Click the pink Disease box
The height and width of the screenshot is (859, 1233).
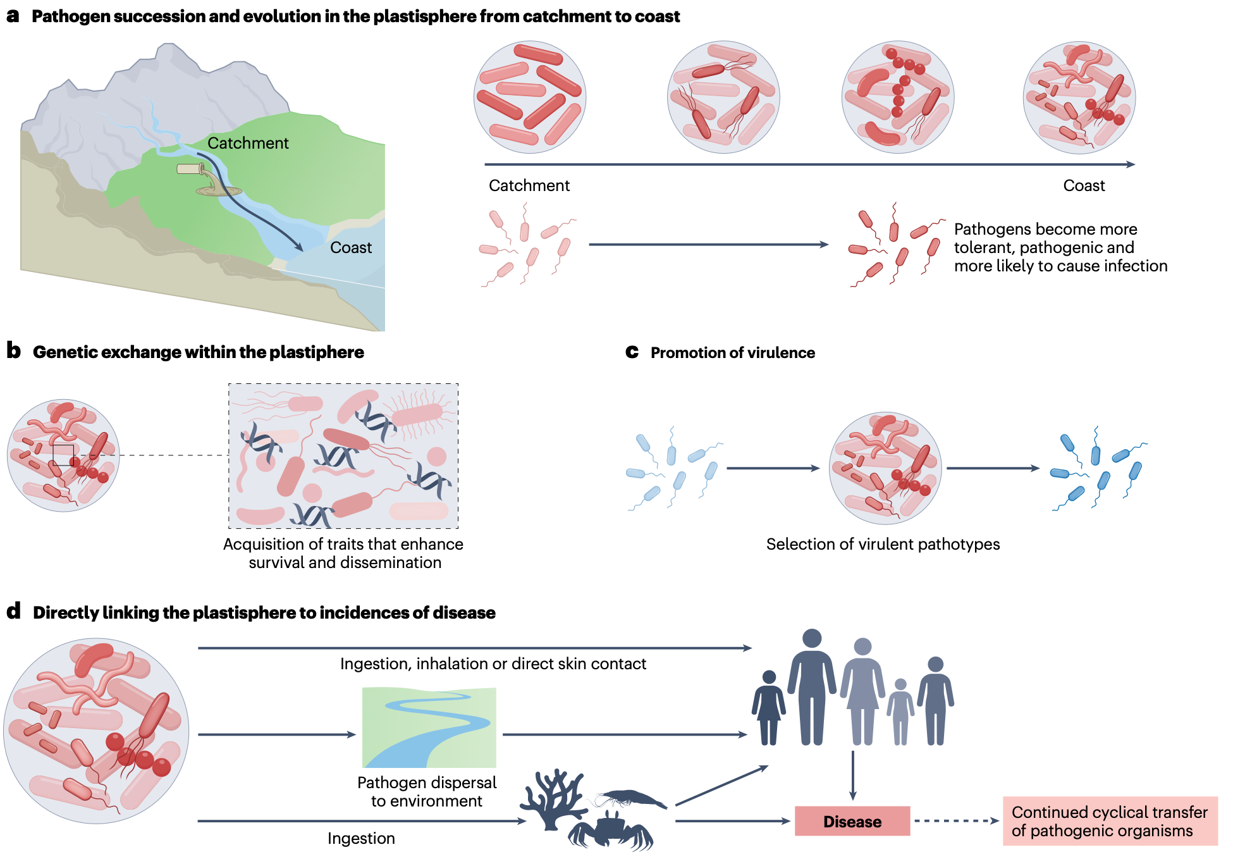852,821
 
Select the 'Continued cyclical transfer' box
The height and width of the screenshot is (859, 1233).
1110,821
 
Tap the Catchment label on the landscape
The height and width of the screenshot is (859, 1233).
248,144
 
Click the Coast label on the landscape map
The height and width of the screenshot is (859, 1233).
351,247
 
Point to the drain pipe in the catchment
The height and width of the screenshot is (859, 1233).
190,169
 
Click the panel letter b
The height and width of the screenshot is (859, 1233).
13,351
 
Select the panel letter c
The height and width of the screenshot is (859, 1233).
632,352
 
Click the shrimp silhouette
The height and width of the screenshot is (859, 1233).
632,798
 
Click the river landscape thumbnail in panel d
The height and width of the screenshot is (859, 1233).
429,727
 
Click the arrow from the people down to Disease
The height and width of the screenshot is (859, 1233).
853,775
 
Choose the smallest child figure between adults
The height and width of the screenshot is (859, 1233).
900,712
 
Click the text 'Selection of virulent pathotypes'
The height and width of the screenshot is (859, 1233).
883,544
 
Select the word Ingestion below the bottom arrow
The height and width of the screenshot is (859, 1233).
361,839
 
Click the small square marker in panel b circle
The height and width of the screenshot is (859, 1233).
63,455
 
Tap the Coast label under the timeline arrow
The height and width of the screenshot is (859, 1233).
1084,186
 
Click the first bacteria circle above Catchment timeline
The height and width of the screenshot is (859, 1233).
530,97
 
